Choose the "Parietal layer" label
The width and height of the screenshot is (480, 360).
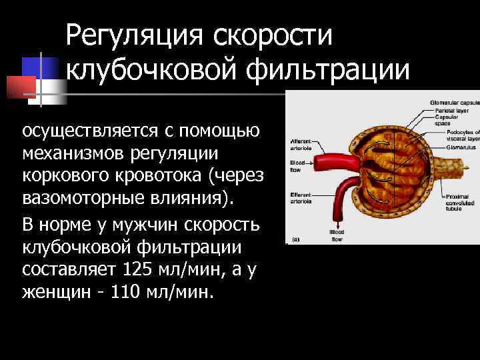click(x=447, y=109)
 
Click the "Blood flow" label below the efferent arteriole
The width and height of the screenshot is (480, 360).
click(x=336, y=234)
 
